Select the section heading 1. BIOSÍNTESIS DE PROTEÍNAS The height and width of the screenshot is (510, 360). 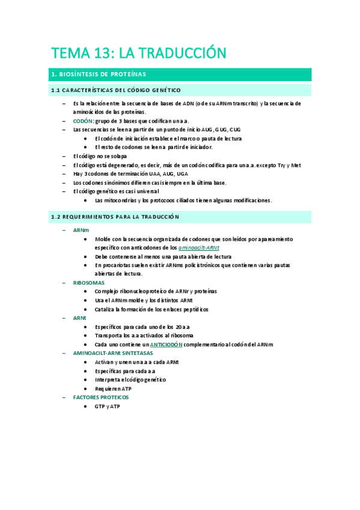(99, 75)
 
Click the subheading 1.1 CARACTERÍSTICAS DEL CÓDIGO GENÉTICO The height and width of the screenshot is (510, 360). (115, 90)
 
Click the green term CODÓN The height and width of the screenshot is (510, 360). (83, 120)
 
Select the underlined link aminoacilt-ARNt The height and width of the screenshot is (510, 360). (199, 247)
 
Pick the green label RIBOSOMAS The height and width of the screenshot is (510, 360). (88, 282)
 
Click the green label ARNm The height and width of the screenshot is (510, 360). (81, 230)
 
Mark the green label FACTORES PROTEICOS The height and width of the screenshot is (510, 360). (100, 397)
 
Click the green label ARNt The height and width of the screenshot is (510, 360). (79, 318)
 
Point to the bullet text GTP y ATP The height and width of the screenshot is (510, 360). (108, 406)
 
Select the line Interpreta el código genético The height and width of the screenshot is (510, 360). (130, 379)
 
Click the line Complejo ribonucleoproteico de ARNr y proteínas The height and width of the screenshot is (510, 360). (156, 291)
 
